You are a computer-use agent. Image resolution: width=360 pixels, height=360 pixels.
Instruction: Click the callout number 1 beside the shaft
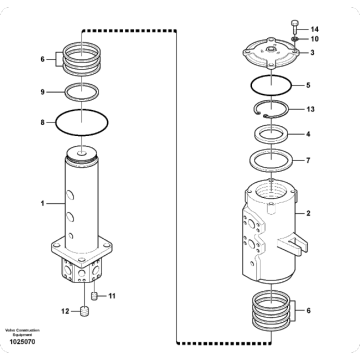click(x=42, y=203)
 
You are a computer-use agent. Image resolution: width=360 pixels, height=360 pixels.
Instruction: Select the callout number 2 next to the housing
click(x=309, y=213)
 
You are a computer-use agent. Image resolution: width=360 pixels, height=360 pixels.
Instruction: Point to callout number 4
click(x=308, y=133)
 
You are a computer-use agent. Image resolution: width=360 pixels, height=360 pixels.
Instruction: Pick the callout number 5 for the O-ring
click(x=308, y=86)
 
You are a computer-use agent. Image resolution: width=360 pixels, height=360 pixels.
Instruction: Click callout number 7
click(x=308, y=159)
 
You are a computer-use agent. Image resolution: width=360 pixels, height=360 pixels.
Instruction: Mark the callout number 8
click(x=42, y=123)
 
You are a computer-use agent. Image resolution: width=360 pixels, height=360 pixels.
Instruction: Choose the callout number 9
click(x=42, y=93)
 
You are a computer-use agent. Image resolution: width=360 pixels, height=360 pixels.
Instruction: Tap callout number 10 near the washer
click(x=314, y=39)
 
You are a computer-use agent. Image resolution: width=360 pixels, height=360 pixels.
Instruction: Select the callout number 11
click(x=112, y=297)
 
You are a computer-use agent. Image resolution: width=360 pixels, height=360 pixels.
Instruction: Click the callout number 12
click(x=64, y=312)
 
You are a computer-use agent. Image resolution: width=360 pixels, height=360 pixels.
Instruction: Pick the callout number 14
click(x=314, y=28)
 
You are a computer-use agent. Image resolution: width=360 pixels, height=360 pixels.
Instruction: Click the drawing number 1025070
click(x=19, y=344)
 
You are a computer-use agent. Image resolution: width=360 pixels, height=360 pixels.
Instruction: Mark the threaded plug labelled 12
click(x=84, y=313)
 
